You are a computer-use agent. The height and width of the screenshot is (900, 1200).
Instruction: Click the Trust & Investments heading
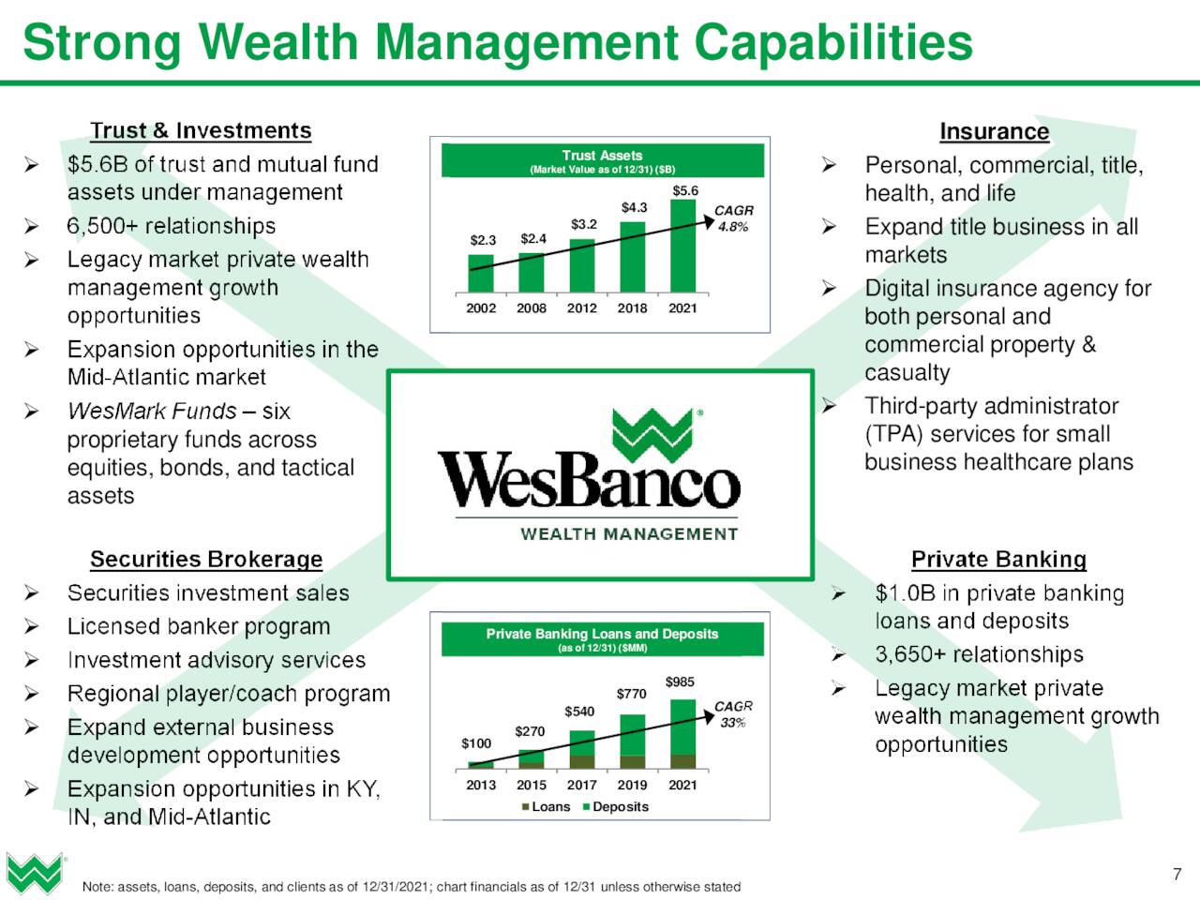(x=201, y=130)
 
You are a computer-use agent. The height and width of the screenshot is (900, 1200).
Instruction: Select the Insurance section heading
(x=995, y=131)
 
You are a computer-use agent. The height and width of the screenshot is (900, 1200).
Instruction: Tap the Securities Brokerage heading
(x=206, y=559)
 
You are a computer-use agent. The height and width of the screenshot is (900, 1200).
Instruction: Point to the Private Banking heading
(x=998, y=559)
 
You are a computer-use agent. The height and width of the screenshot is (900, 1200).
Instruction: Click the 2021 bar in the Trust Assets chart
(x=682, y=246)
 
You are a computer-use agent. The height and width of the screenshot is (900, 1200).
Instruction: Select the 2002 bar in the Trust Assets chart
(x=481, y=273)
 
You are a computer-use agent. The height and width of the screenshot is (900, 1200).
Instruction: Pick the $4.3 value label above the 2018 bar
(x=634, y=207)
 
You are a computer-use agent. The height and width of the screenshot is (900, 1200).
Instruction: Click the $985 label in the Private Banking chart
(x=680, y=682)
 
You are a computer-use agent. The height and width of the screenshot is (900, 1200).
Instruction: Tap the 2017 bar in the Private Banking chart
(x=581, y=749)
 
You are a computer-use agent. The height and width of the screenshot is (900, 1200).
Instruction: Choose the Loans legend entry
(x=547, y=806)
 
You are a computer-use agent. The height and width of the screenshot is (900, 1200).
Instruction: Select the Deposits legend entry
(x=616, y=806)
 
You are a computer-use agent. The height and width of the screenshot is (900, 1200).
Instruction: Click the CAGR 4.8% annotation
(x=734, y=218)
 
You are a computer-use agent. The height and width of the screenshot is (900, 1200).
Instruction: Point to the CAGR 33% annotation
(x=733, y=714)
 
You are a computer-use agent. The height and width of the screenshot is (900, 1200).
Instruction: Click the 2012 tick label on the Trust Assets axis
(x=581, y=308)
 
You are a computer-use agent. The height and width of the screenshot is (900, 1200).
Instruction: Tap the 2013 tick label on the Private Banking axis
(x=481, y=786)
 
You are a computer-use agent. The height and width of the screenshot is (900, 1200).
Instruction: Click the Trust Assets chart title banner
(x=603, y=160)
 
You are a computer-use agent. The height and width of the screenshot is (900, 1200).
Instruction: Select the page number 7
(x=1177, y=874)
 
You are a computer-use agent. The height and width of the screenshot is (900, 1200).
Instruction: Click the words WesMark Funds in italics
(x=152, y=411)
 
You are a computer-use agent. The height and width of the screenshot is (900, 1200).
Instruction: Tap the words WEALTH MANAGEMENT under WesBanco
(x=629, y=533)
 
